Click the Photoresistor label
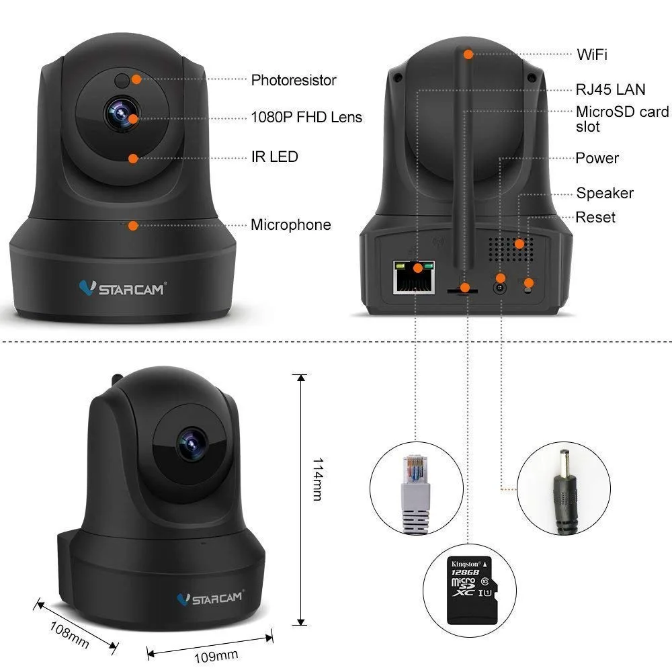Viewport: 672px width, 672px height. pyautogui.click(x=294, y=80)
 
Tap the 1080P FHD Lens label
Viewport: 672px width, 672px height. pyautogui.click(x=306, y=117)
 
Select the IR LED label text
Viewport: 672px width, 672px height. pyautogui.click(x=275, y=157)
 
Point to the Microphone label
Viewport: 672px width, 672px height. pyautogui.click(x=291, y=224)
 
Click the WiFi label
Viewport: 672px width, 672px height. pyautogui.click(x=592, y=54)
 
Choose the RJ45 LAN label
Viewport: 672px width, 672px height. pyautogui.click(x=610, y=89)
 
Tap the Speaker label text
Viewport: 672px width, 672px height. pyautogui.click(x=605, y=193)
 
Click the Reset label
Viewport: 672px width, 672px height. pyautogui.click(x=595, y=217)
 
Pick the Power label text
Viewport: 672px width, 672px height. pyautogui.click(x=597, y=158)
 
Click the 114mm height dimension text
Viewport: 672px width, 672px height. pyautogui.click(x=318, y=479)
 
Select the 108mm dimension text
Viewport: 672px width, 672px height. pyautogui.click(x=69, y=635)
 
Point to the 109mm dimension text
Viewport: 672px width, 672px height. pyautogui.click(x=216, y=656)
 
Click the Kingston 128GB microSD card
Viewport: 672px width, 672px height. pyautogui.click(x=472, y=590)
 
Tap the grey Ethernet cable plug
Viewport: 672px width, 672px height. pyautogui.click(x=415, y=494)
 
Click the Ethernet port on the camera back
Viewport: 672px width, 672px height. pyautogui.click(x=414, y=277)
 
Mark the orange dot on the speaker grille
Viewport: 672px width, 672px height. pyautogui.click(x=519, y=244)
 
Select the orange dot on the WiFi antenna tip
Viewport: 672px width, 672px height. pyautogui.click(x=468, y=54)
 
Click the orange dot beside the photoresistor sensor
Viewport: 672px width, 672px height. pyautogui.click(x=136, y=79)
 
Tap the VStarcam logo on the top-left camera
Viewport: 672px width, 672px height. pyautogui.click(x=122, y=288)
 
